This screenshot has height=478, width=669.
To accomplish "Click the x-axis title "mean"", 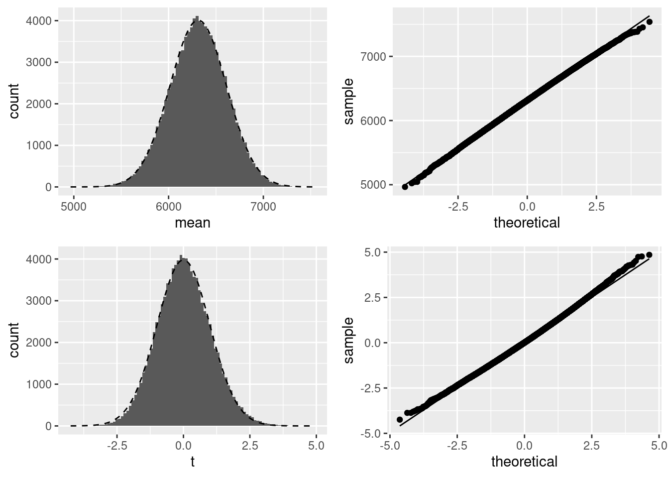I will pyautogui.click(x=192, y=223).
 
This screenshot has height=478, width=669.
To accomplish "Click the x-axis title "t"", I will pyautogui.click(x=193, y=462).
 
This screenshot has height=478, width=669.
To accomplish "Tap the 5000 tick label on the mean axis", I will pyautogui.click(x=74, y=207).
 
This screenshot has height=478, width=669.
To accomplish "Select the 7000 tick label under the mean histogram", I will pyautogui.click(x=263, y=207).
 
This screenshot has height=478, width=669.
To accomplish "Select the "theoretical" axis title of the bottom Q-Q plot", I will pyautogui.click(x=524, y=462).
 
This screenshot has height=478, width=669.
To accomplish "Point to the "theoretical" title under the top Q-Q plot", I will pyautogui.click(x=527, y=223).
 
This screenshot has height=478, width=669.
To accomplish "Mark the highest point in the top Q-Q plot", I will pyautogui.click(x=649, y=21).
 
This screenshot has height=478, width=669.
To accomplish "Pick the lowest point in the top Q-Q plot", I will pyautogui.click(x=405, y=187).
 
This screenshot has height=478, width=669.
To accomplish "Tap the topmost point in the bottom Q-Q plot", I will pyautogui.click(x=649, y=255).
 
